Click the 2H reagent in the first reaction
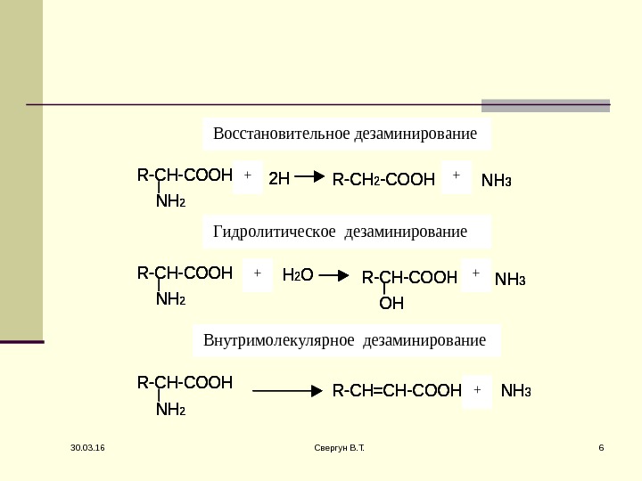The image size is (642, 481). coord(279,179)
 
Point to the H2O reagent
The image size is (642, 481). coord(297,276)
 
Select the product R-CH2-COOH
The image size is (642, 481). coord(383,180)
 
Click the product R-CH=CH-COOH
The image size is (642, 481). coord(397,390)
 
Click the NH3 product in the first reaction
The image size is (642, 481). coord(496,180)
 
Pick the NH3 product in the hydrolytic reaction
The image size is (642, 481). coord(510,280)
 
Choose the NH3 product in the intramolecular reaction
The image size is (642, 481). coord(516,390)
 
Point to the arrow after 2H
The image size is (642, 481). coord(309,177)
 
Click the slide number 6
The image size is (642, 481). coord(601,458)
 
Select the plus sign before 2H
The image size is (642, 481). coord(248,176)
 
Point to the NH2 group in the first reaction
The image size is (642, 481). coord(170,202)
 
